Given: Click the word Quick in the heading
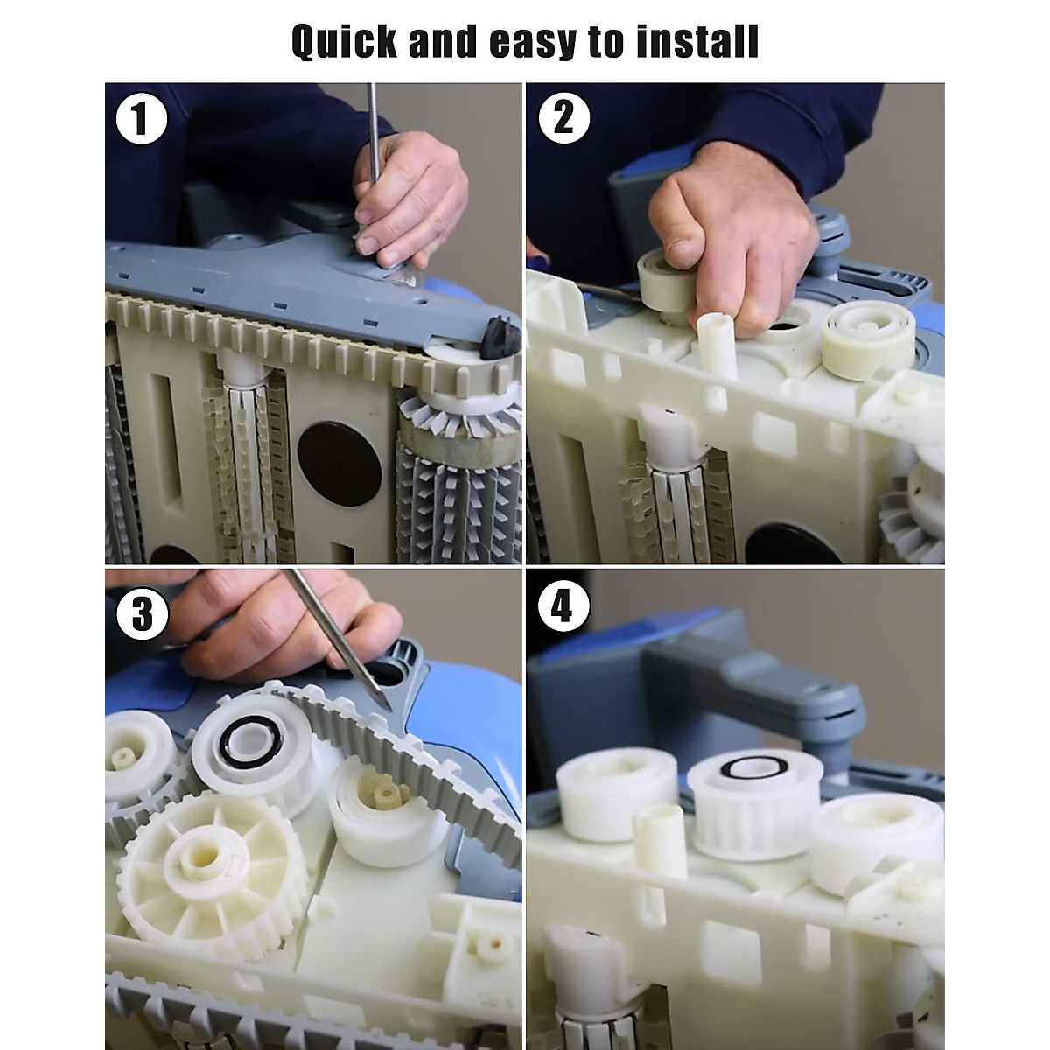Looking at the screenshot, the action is pos(345,42).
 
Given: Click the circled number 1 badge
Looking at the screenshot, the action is pos(141,119).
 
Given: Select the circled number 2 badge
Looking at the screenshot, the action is pos(564,118).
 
